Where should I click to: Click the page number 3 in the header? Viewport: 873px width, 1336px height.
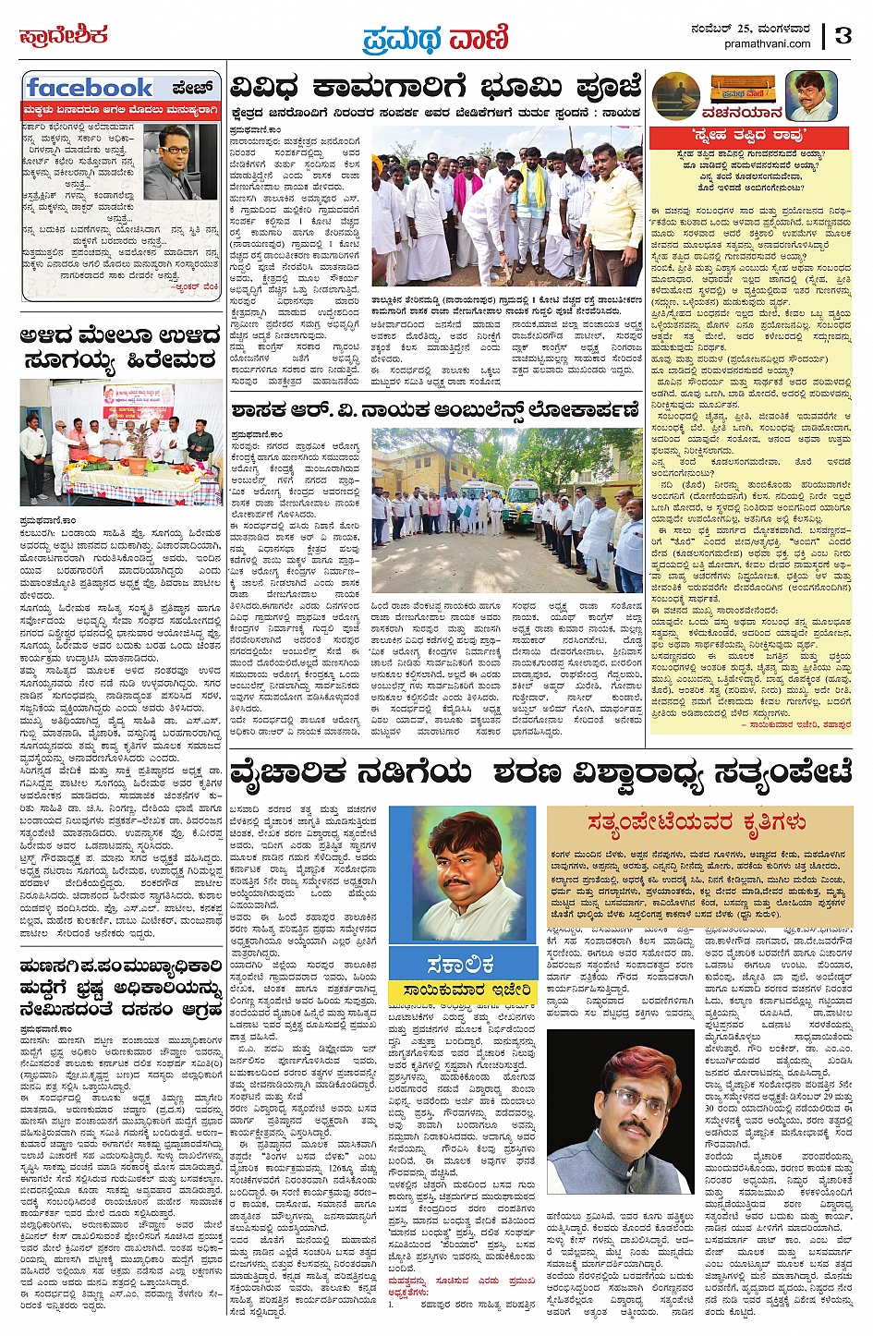(843, 35)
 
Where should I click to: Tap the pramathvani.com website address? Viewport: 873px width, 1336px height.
(768, 43)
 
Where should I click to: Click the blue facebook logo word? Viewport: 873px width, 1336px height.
(90, 88)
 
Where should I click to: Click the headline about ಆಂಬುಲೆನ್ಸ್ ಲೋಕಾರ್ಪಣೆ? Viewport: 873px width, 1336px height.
(435, 408)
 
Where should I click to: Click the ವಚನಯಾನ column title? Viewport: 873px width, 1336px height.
(716, 114)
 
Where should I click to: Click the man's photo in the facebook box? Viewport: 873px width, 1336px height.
(181, 162)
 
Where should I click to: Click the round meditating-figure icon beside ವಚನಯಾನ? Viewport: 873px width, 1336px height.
(675, 96)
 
